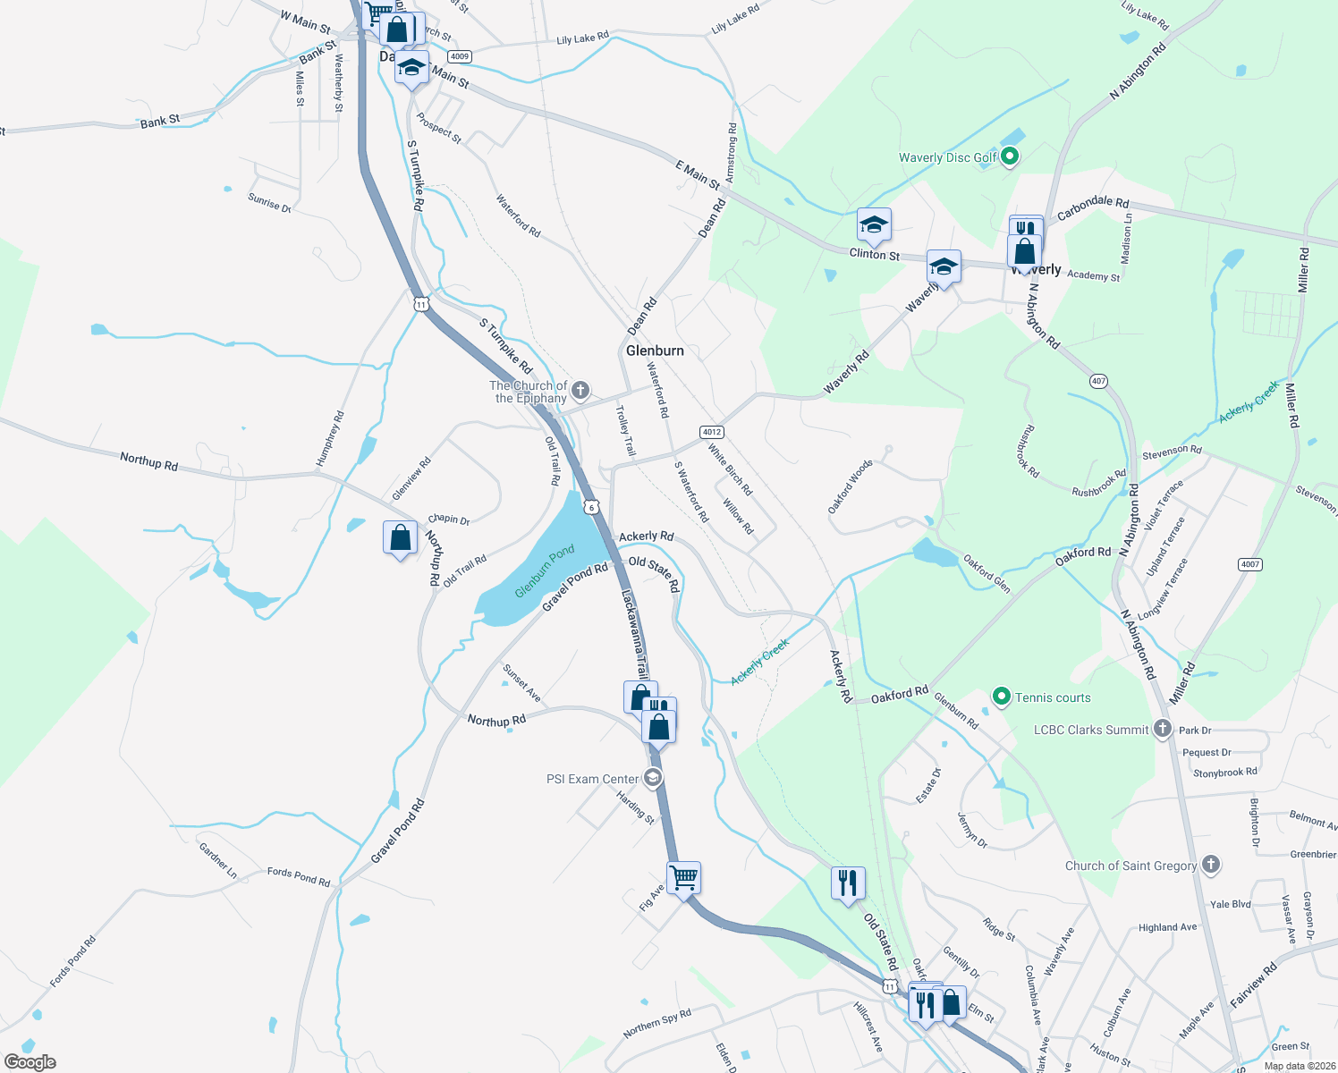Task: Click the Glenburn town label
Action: pyautogui.click(x=655, y=351)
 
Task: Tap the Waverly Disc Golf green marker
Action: pyautogui.click(x=1010, y=157)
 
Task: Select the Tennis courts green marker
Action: pyautogui.click(x=1002, y=697)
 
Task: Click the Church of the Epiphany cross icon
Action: pyautogui.click(x=580, y=390)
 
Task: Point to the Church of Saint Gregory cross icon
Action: pyautogui.click(x=1211, y=865)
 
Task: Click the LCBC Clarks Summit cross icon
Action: pyautogui.click(x=1162, y=729)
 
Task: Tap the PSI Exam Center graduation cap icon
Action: pyautogui.click(x=653, y=778)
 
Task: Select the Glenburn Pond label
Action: pyautogui.click(x=545, y=572)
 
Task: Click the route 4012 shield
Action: pyautogui.click(x=712, y=432)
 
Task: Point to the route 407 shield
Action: pyautogui.click(x=1099, y=381)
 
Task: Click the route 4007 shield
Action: pyautogui.click(x=1249, y=564)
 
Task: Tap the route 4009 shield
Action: pyautogui.click(x=460, y=56)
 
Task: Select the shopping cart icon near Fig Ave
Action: pyautogui.click(x=683, y=878)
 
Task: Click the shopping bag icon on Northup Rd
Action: pyautogui.click(x=400, y=537)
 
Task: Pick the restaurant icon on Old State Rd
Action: pyautogui.click(x=847, y=883)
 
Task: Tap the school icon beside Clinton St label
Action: pyautogui.click(x=873, y=224)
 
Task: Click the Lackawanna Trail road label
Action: pyautogui.click(x=634, y=633)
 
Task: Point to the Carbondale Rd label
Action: pyautogui.click(x=1092, y=208)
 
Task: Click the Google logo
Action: pyautogui.click(x=30, y=1062)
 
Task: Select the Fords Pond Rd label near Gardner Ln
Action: pyautogui.click(x=299, y=876)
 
